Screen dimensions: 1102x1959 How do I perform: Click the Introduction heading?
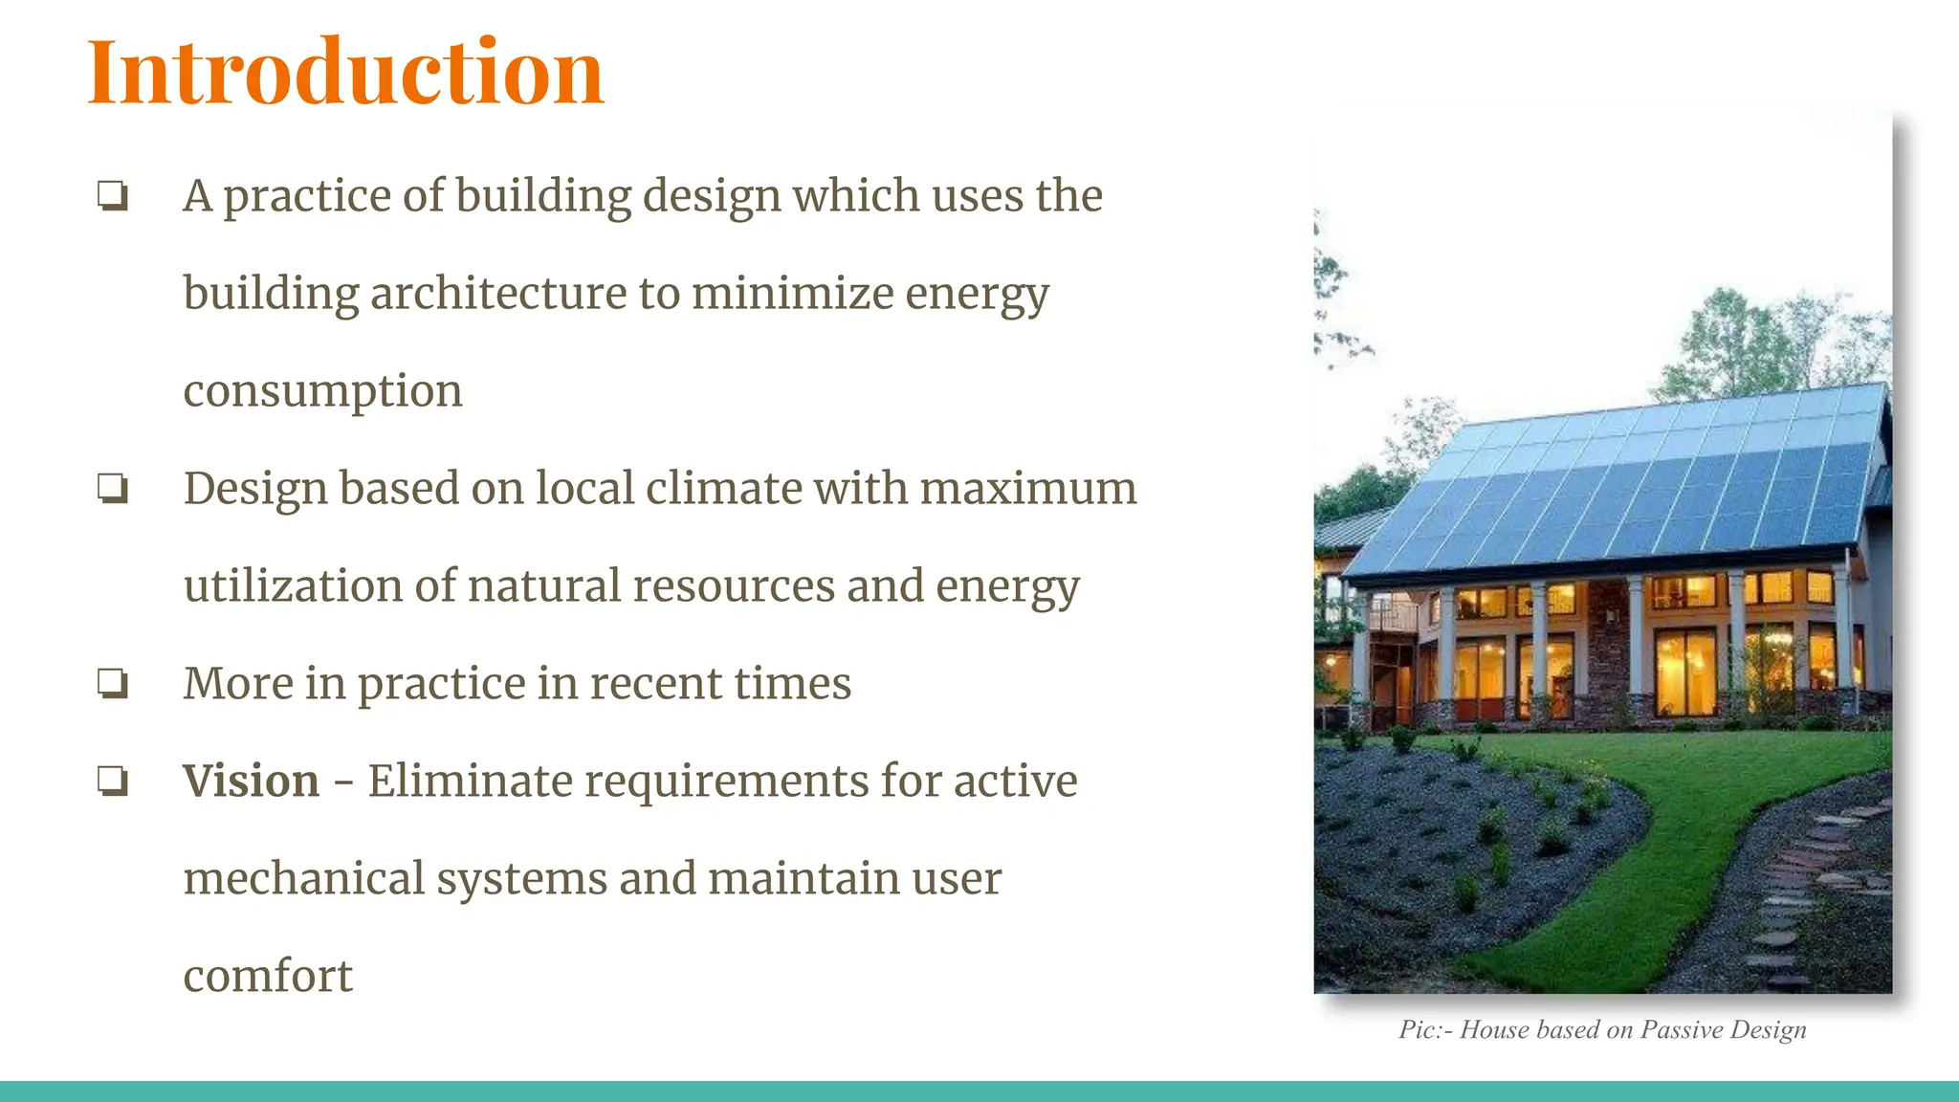click(345, 73)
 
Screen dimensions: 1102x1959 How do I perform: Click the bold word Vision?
click(251, 781)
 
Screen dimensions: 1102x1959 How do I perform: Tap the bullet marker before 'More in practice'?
click(113, 684)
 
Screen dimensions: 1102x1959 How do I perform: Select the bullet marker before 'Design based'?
click(113, 489)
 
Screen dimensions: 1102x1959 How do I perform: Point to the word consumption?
click(322, 391)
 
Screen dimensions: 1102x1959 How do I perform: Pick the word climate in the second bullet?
click(723, 488)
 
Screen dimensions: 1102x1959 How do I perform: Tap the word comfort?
click(268, 977)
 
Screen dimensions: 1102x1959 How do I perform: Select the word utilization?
click(293, 585)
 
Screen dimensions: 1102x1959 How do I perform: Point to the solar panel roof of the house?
click(1626, 478)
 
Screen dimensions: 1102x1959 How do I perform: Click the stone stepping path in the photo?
click(1798, 890)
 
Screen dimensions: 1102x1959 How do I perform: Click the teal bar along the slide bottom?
click(979, 1091)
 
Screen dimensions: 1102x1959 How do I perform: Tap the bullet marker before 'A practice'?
click(113, 196)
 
